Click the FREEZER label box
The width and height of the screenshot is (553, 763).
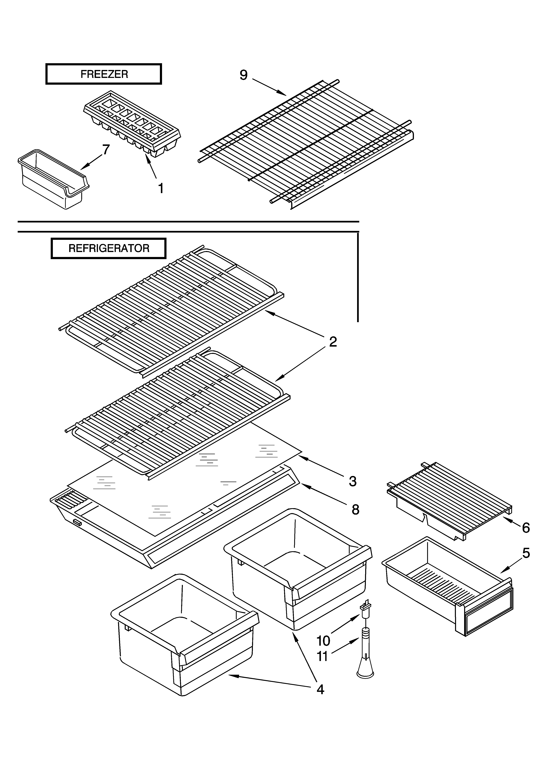coord(104,74)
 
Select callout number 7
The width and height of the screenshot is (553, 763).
coord(106,149)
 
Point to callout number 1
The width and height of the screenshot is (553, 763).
coord(161,188)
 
